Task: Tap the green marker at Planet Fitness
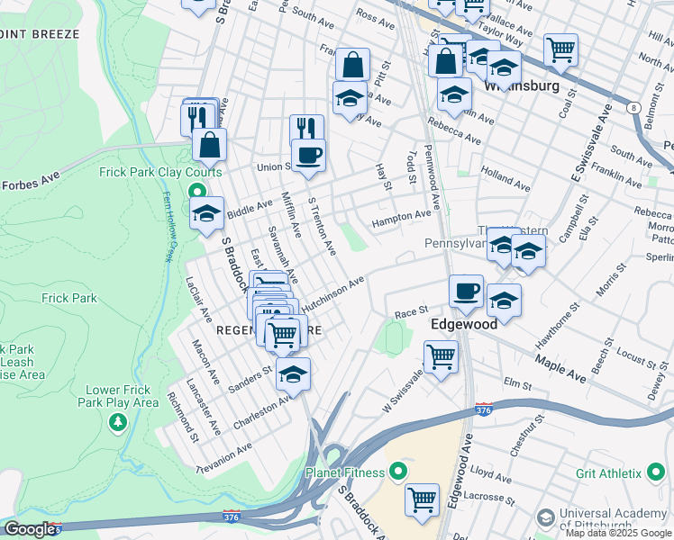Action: pos(397,472)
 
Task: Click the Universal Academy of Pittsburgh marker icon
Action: pos(544,518)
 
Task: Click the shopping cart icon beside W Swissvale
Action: pos(441,356)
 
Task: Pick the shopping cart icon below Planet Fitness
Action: pos(422,499)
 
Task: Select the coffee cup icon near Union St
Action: pos(308,155)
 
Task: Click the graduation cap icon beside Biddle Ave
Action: pos(206,214)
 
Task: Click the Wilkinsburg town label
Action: pos(521,87)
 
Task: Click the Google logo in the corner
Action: pos(30,529)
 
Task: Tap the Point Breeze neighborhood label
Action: pos(41,34)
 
